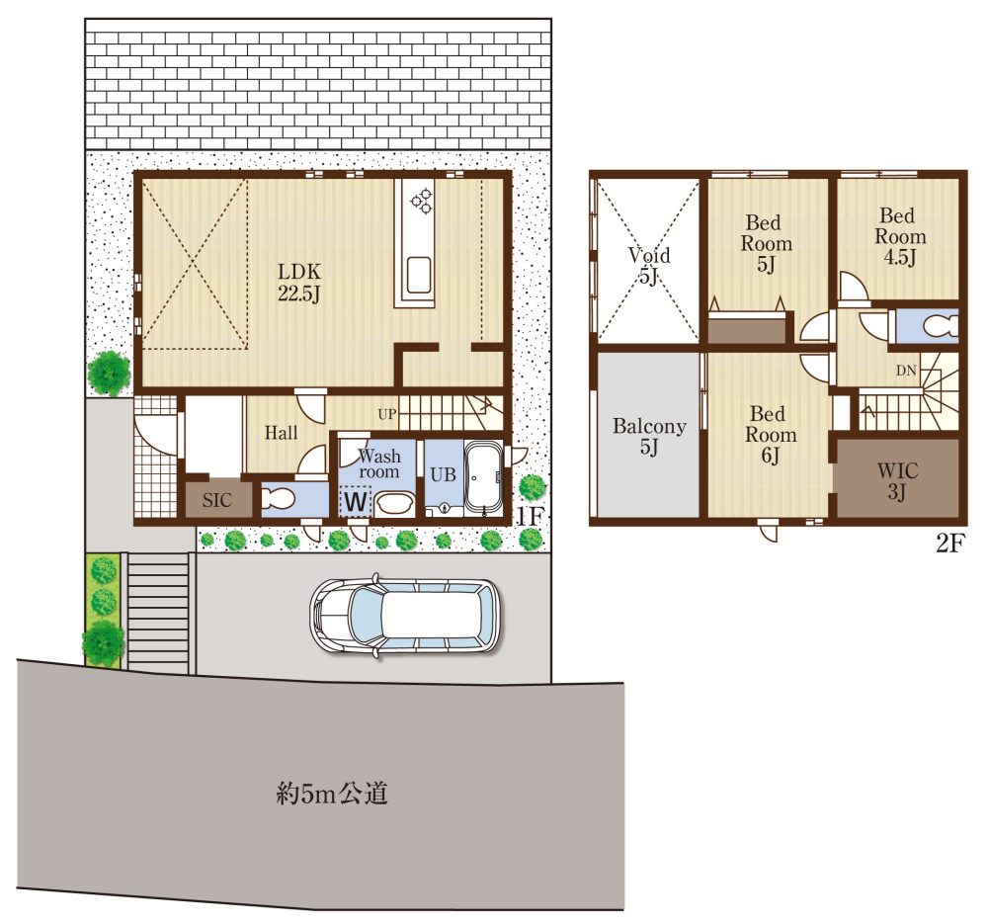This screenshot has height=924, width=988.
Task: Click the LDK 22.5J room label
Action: (297, 282)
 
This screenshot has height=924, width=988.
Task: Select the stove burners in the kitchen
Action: (422, 200)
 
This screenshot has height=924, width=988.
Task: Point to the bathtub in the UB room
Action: (482, 477)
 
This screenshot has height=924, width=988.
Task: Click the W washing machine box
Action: (356, 502)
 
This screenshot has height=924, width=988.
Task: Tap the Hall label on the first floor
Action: (282, 433)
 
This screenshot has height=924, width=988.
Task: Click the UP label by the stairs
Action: (387, 413)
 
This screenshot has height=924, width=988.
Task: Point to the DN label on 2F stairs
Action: (905, 371)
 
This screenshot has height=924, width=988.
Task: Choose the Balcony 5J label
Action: (648, 437)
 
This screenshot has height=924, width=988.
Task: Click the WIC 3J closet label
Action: (897, 480)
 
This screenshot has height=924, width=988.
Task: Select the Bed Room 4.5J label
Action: (900, 237)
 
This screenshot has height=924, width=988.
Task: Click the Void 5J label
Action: (647, 265)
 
